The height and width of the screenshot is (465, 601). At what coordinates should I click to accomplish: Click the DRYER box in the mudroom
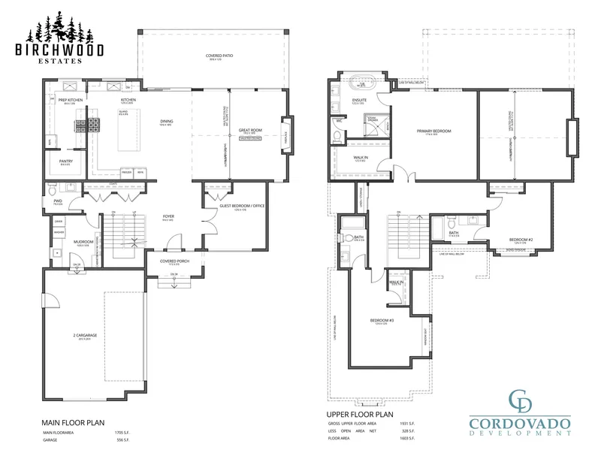(x=58, y=222)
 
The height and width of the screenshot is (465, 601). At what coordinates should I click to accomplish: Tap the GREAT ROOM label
(x=249, y=130)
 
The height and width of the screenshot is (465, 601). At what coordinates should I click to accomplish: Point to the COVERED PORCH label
(x=173, y=261)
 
